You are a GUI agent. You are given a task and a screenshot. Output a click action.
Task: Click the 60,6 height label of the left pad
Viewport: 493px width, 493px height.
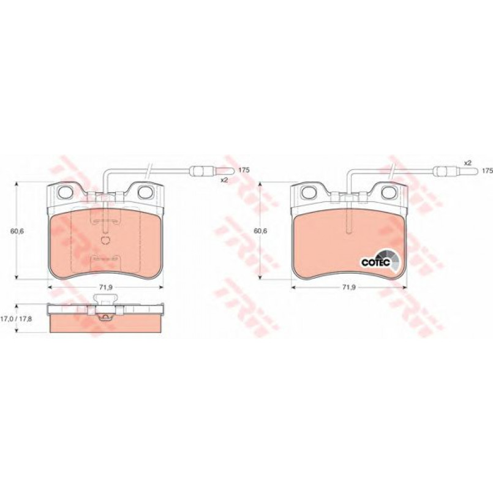17,231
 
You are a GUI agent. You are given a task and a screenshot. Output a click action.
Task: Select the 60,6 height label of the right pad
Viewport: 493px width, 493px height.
260,231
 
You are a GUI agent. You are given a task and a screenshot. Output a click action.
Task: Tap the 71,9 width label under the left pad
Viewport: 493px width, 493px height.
106,287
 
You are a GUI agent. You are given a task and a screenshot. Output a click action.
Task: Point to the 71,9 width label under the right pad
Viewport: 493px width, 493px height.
348,287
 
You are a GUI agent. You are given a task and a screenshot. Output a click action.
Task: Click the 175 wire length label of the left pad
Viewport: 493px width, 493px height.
244,170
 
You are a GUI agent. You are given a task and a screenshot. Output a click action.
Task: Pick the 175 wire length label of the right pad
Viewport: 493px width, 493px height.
487,171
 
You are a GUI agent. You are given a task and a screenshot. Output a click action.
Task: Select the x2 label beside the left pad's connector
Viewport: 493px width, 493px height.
224,180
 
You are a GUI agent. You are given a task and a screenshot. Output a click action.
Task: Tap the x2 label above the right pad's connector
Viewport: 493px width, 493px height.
468,163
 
